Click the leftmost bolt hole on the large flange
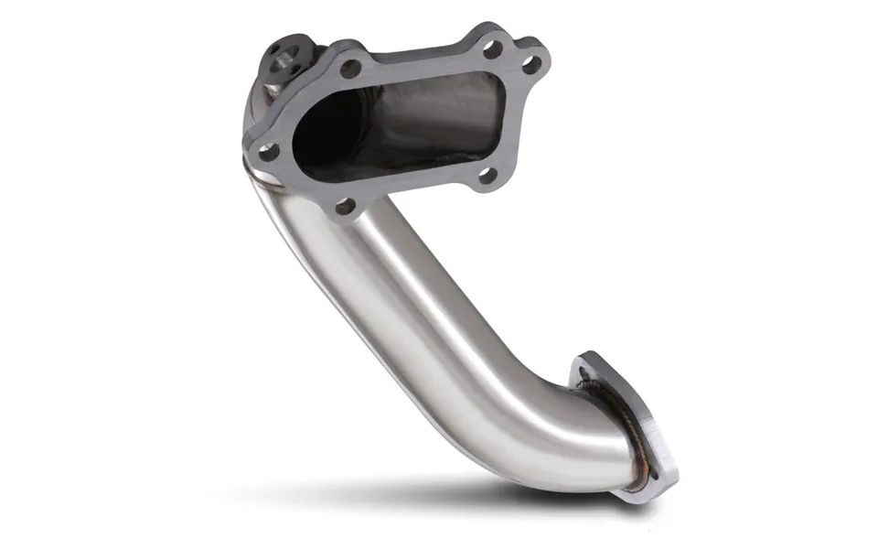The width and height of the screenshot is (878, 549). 268,152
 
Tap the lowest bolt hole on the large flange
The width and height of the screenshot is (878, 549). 345,208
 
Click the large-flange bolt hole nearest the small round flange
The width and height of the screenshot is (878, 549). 351,68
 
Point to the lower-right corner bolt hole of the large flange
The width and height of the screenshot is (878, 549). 487,174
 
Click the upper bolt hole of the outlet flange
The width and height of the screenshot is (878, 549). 586,372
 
